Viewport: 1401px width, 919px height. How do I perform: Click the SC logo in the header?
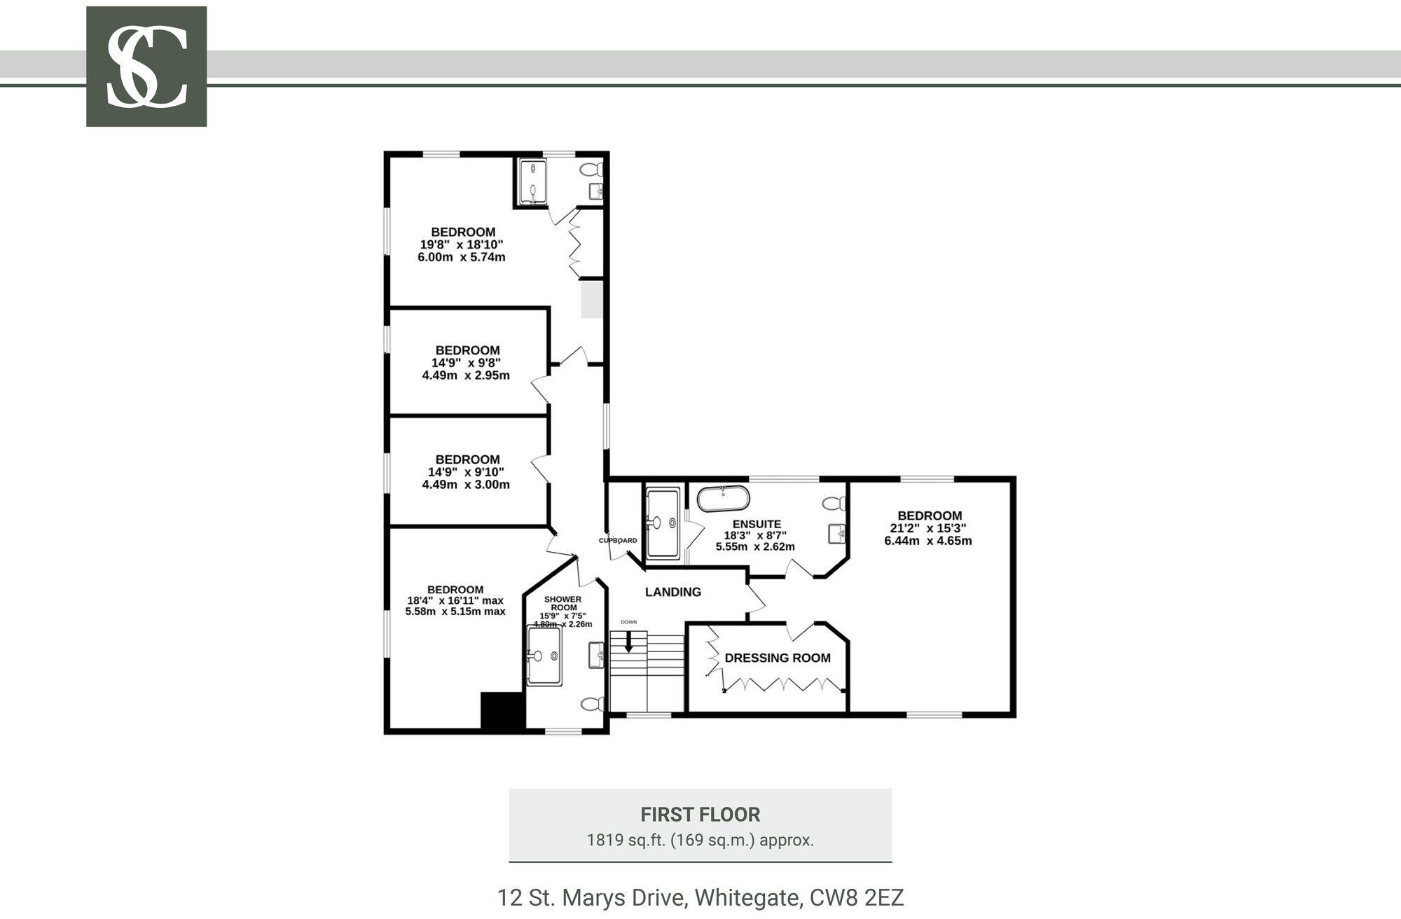(146, 67)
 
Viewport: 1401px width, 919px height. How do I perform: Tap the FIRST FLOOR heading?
(700, 815)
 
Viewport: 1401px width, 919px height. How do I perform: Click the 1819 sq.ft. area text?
(700, 840)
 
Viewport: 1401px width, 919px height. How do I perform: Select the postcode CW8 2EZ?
(857, 897)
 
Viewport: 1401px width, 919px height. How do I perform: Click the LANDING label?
(673, 592)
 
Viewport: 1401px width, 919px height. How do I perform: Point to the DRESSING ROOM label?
(778, 658)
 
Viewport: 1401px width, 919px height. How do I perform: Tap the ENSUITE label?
(757, 524)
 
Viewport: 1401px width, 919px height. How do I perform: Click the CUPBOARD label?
(618, 540)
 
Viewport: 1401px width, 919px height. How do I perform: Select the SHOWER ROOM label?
(563, 603)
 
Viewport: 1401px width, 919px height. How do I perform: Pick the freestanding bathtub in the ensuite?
(723, 499)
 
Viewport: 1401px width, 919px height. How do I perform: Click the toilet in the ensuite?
(834, 503)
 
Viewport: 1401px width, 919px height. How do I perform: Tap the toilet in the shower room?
(593, 703)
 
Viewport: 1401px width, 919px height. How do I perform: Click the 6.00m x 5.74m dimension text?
(462, 257)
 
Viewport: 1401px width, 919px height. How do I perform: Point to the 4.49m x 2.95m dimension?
(466, 375)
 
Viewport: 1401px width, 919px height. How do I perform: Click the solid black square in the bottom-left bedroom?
(503, 710)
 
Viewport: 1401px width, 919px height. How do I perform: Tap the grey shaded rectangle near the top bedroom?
(592, 298)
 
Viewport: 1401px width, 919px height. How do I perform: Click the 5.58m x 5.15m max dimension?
(455, 611)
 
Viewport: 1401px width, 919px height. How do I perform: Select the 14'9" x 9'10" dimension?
(466, 472)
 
